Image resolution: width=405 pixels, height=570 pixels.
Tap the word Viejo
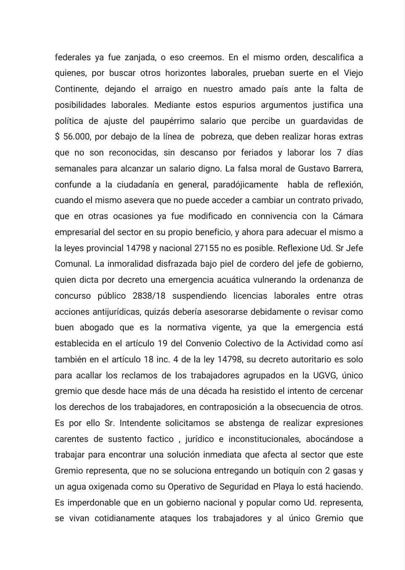click(353, 73)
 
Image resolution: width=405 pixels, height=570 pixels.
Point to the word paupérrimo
click(172, 121)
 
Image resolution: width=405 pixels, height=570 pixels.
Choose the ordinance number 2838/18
click(150, 296)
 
